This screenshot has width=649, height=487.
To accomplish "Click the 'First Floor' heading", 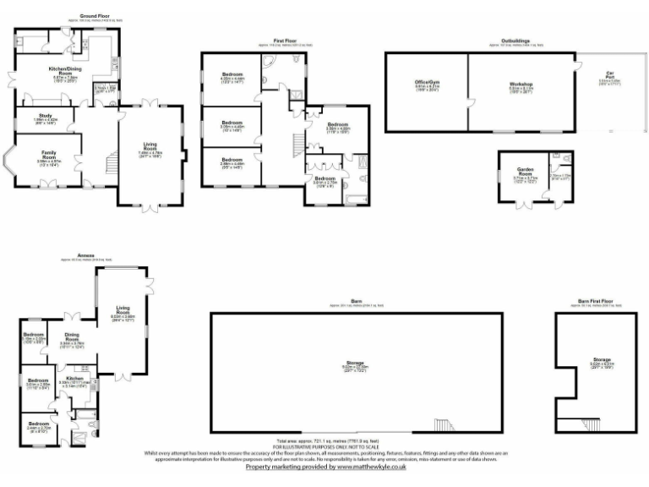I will (285, 41).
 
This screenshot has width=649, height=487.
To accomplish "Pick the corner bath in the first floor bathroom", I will (269, 64).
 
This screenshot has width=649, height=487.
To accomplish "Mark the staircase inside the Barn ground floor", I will (443, 424).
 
